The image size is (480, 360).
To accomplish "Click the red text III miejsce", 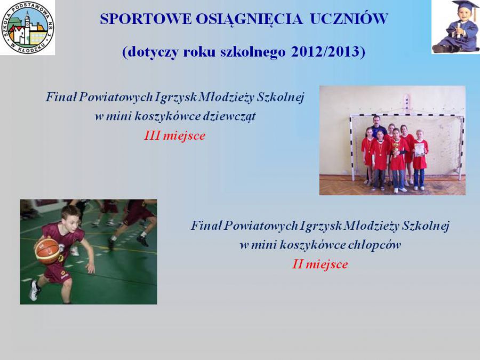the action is pos(175,135).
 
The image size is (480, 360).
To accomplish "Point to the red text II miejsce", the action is pos(320,264).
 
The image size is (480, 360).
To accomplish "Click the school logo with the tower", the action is pos(28,28).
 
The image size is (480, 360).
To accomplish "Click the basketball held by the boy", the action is pos(47,251).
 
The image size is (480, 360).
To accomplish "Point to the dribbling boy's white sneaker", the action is pos(34,290).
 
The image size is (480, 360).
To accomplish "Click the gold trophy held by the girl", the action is pos(396,149).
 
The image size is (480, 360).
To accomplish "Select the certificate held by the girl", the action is pos(419,150).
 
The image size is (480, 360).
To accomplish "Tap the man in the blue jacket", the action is pos(377,126).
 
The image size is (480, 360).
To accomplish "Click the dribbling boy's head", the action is pos(71,217).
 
